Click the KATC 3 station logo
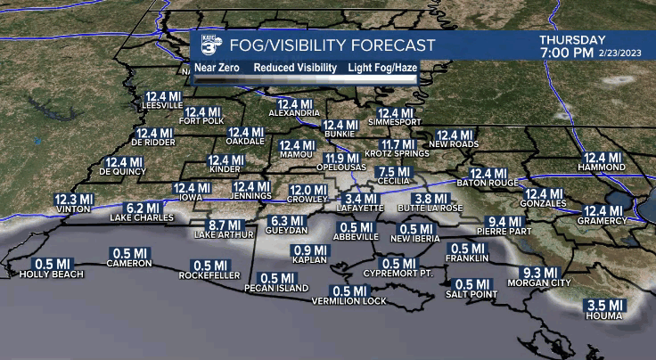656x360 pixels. pyautogui.click(x=209, y=45)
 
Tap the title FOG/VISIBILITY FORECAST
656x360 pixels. pyautogui.click(x=332, y=45)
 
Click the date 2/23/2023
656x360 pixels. pyautogui.click(x=622, y=53)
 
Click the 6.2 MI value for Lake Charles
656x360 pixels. pyautogui.click(x=141, y=208)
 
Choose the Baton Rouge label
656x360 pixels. pyautogui.click(x=487, y=184)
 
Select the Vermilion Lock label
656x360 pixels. pyautogui.click(x=348, y=301)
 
